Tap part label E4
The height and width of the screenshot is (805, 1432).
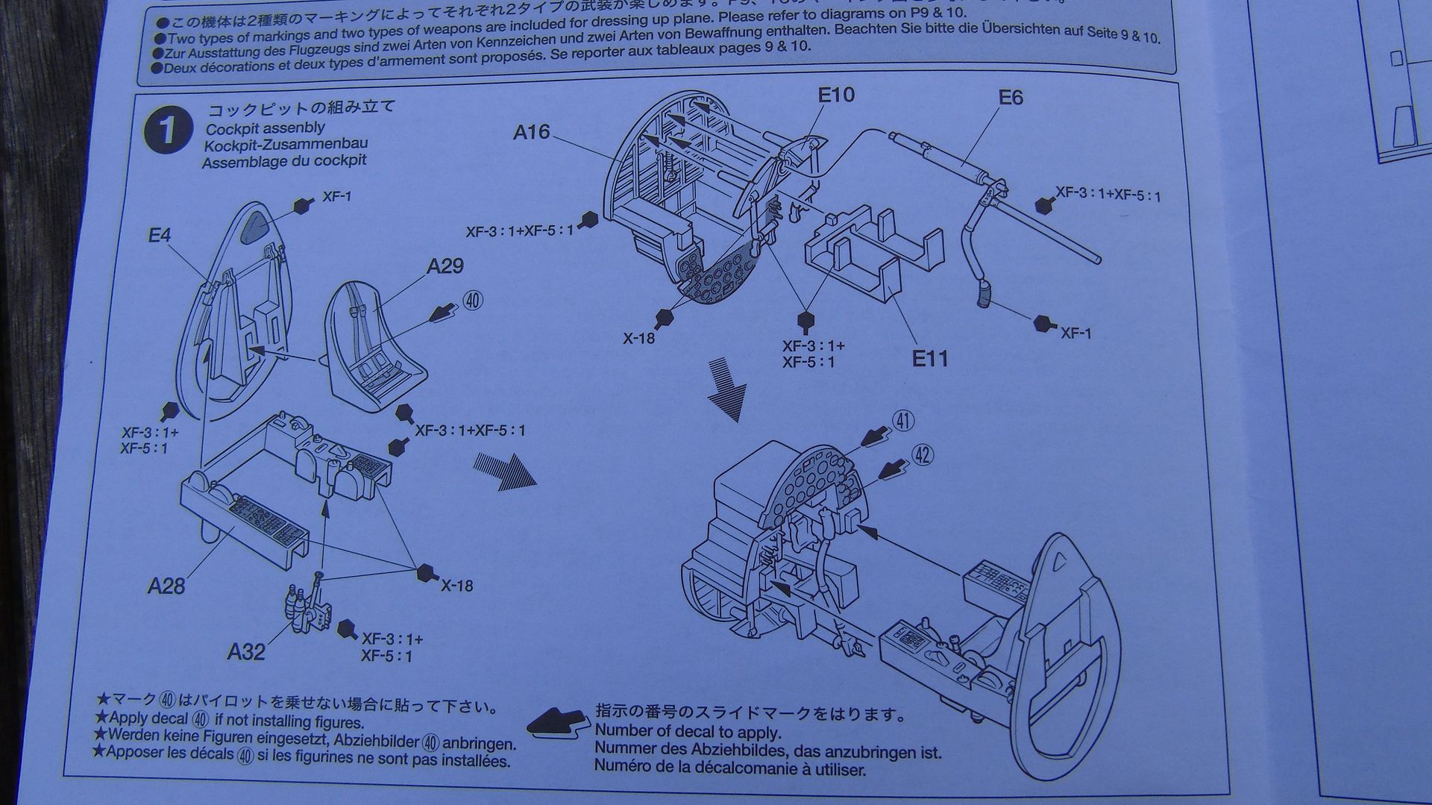coord(159,236)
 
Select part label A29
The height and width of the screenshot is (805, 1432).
coord(445,266)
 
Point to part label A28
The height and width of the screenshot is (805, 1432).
coord(166,586)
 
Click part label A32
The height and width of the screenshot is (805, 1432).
coord(246,652)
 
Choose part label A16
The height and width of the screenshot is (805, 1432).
coord(531,133)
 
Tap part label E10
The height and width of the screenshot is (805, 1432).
coord(835,95)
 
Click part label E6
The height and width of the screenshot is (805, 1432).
coord(1011,98)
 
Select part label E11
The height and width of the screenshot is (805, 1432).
coord(930,359)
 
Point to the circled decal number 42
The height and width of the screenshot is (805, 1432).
coord(923,455)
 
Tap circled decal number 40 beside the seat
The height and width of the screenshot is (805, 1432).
coord(473,301)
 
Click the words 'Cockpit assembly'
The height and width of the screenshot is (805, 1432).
coord(265,128)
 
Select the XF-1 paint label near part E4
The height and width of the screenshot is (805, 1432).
coord(336,197)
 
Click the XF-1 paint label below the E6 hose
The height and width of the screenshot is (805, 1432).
coord(1075,333)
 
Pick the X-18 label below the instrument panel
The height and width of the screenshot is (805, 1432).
coord(638,338)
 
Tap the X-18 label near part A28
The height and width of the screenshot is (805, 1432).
coord(456,586)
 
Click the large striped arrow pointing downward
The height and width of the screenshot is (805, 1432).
coord(726,388)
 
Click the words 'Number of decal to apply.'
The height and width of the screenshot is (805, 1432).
coord(687,732)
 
